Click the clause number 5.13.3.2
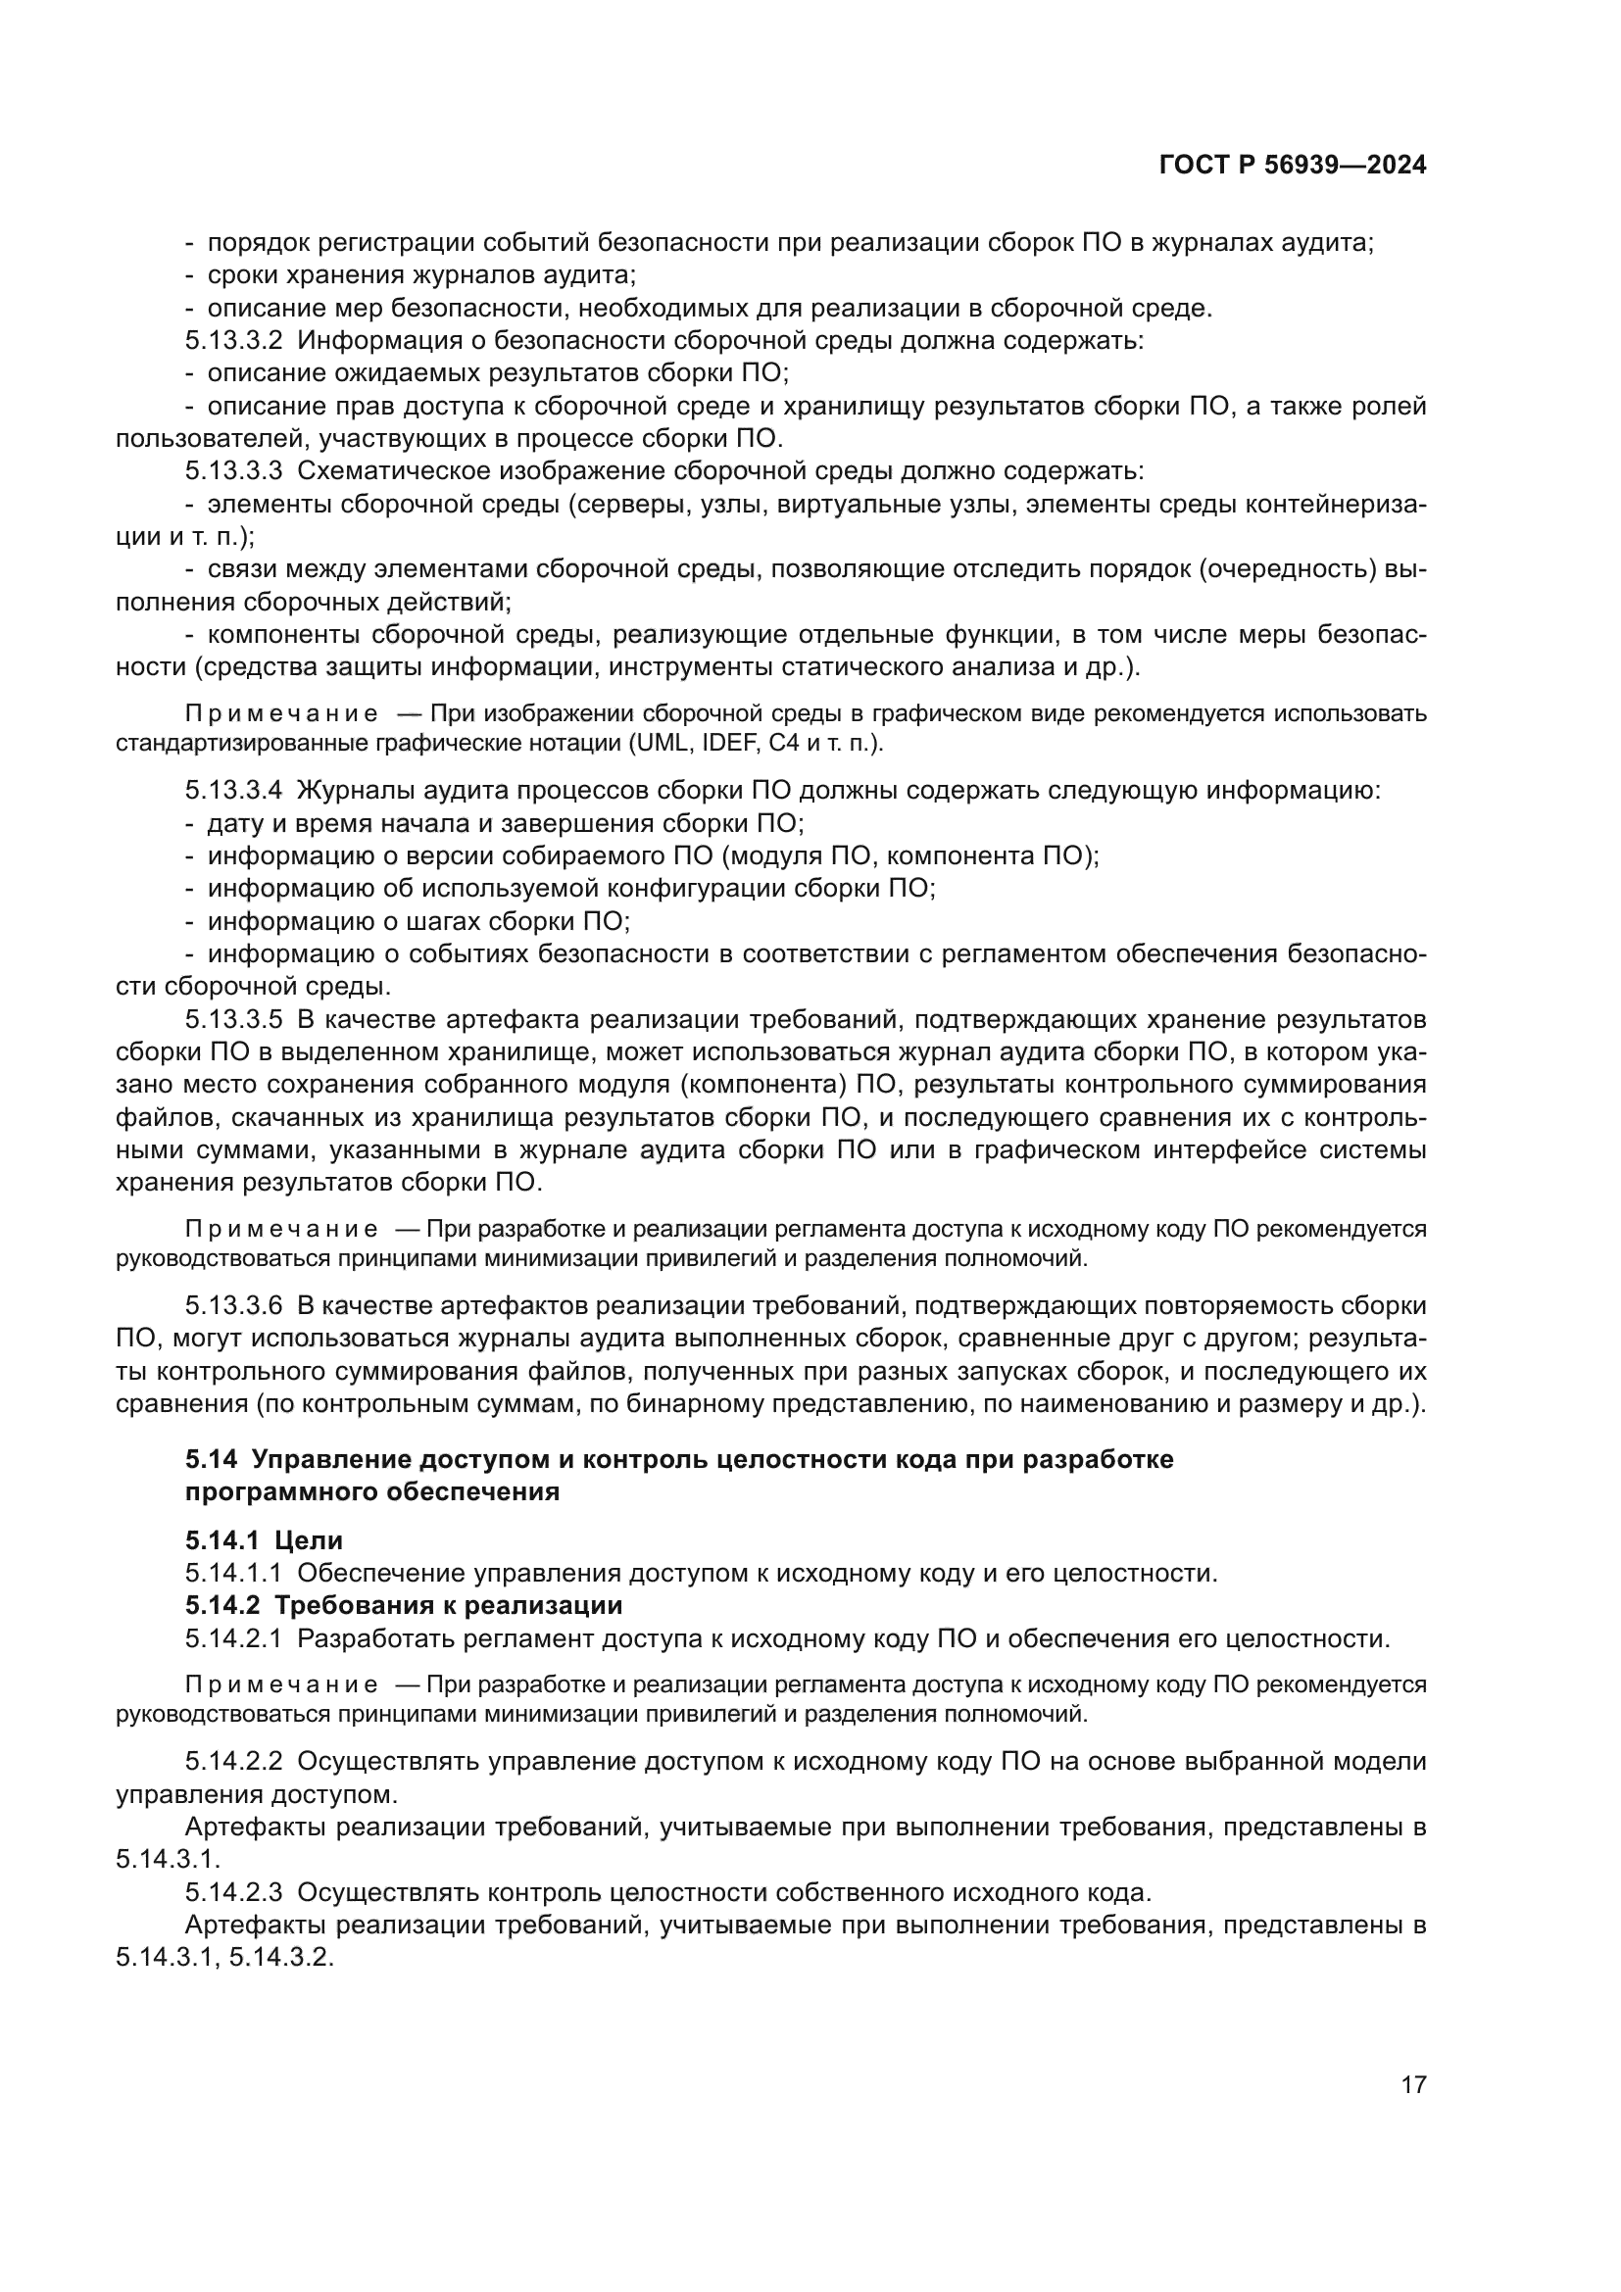click(233, 340)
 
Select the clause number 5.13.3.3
click(233, 470)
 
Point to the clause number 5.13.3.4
click(233, 791)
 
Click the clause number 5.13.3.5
click(233, 1019)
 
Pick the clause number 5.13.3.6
click(233, 1305)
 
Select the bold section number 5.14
click(211, 1459)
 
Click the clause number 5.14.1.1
click(233, 1574)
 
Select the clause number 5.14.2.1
click(233, 1638)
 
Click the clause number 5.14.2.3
click(233, 1891)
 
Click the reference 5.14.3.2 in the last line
click(280, 1958)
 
